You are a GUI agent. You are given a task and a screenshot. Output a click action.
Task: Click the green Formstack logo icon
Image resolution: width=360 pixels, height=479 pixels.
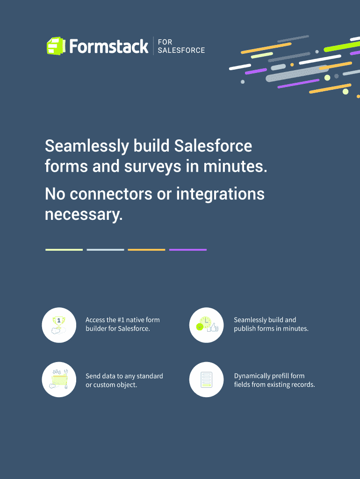pos(56,46)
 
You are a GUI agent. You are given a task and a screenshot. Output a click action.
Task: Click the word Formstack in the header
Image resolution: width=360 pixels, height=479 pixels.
pos(109,46)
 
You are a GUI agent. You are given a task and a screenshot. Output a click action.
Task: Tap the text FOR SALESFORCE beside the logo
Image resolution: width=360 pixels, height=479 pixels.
pos(181,46)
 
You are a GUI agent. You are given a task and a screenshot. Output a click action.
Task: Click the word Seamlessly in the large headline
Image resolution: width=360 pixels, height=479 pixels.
pos(86,146)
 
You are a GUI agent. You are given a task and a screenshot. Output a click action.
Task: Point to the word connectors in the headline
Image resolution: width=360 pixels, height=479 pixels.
pos(111,194)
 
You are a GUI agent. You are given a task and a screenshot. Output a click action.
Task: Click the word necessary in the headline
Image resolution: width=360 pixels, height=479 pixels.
pos(84,214)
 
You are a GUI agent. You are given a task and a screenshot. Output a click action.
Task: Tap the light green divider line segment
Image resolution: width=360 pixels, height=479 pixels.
pos(64,250)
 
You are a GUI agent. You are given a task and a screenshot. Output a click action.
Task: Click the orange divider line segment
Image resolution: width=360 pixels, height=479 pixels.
pos(146,250)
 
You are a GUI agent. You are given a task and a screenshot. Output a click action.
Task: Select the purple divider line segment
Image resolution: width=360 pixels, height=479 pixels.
pos(188,250)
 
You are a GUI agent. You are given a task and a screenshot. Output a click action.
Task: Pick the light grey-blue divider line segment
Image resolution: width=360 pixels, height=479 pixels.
pos(105,250)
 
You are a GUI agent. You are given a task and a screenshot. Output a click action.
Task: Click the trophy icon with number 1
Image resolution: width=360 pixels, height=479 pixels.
pos(59,325)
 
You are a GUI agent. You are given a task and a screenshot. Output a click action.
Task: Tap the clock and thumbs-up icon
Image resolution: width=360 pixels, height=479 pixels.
pos(206,325)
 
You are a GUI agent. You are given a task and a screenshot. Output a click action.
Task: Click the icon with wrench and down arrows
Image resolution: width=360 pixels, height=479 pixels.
pos(59,380)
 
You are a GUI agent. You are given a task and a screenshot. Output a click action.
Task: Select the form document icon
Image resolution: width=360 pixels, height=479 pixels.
pos(206,380)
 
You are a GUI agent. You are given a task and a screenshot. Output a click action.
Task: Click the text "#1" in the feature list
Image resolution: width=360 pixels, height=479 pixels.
pos(121,320)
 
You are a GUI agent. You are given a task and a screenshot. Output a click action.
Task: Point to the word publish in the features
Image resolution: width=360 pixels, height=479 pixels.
pos(244,329)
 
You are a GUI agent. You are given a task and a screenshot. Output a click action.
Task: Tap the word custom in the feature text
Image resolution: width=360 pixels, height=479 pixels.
pos(103,385)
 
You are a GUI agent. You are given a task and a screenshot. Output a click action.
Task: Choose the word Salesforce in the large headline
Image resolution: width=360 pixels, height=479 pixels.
pos(213,146)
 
